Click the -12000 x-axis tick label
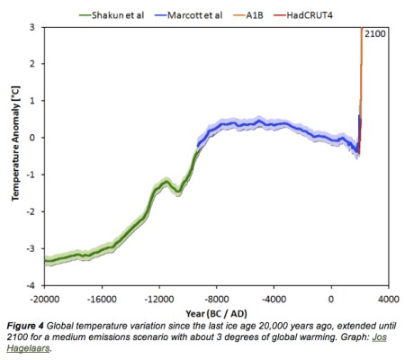coord(159,298)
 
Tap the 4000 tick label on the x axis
coord(388,298)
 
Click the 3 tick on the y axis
coord(32,28)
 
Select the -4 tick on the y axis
coord(31,285)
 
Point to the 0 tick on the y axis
coord(32,138)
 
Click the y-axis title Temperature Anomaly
coord(15,157)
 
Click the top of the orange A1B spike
coord(362,30)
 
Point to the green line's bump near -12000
coord(165,182)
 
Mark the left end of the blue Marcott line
coord(198,145)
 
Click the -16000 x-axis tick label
coord(102,298)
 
